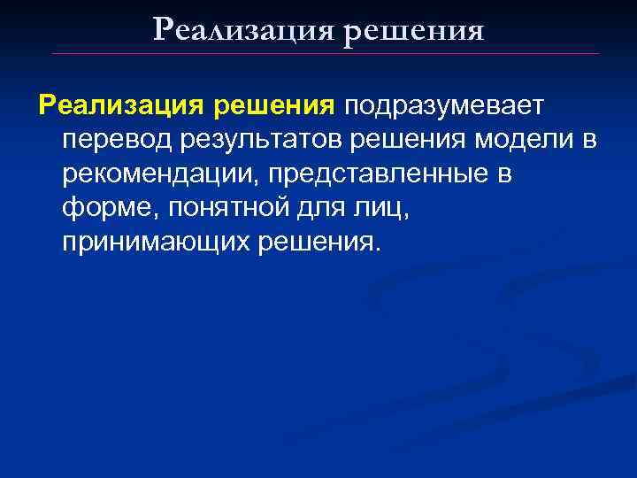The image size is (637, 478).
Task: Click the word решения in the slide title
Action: [x=413, y=30]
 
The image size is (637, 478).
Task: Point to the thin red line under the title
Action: [x=326, y=54]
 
